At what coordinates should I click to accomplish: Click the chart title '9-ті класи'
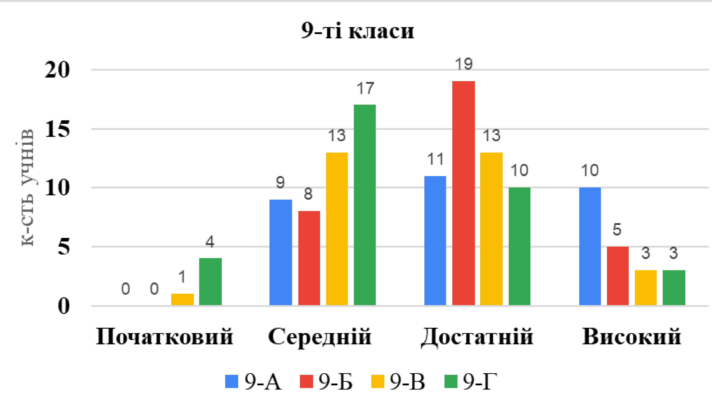tap(358, 31)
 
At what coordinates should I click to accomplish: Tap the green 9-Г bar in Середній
tap(365, 205)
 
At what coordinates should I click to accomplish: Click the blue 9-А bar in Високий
tap(590, 246)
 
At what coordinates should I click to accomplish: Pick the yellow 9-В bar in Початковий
tap(182, 299)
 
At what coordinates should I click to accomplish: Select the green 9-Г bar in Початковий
tap(210, 282)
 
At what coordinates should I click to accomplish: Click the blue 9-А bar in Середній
tap(281, 252)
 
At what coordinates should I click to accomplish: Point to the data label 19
tap(464, 64)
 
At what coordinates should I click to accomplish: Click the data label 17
tap(365, 89)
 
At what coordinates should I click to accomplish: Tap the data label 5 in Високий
tap(617, 230)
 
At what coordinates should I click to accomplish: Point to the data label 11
tap(435, 159)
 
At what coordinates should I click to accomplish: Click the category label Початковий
tap(165, 337)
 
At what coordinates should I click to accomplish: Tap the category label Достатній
tap(477, 337)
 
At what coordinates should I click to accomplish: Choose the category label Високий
tap(632, 337)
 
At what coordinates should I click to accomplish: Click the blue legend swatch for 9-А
tap(232, 382)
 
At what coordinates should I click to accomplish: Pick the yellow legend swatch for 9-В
tap(378, 382)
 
